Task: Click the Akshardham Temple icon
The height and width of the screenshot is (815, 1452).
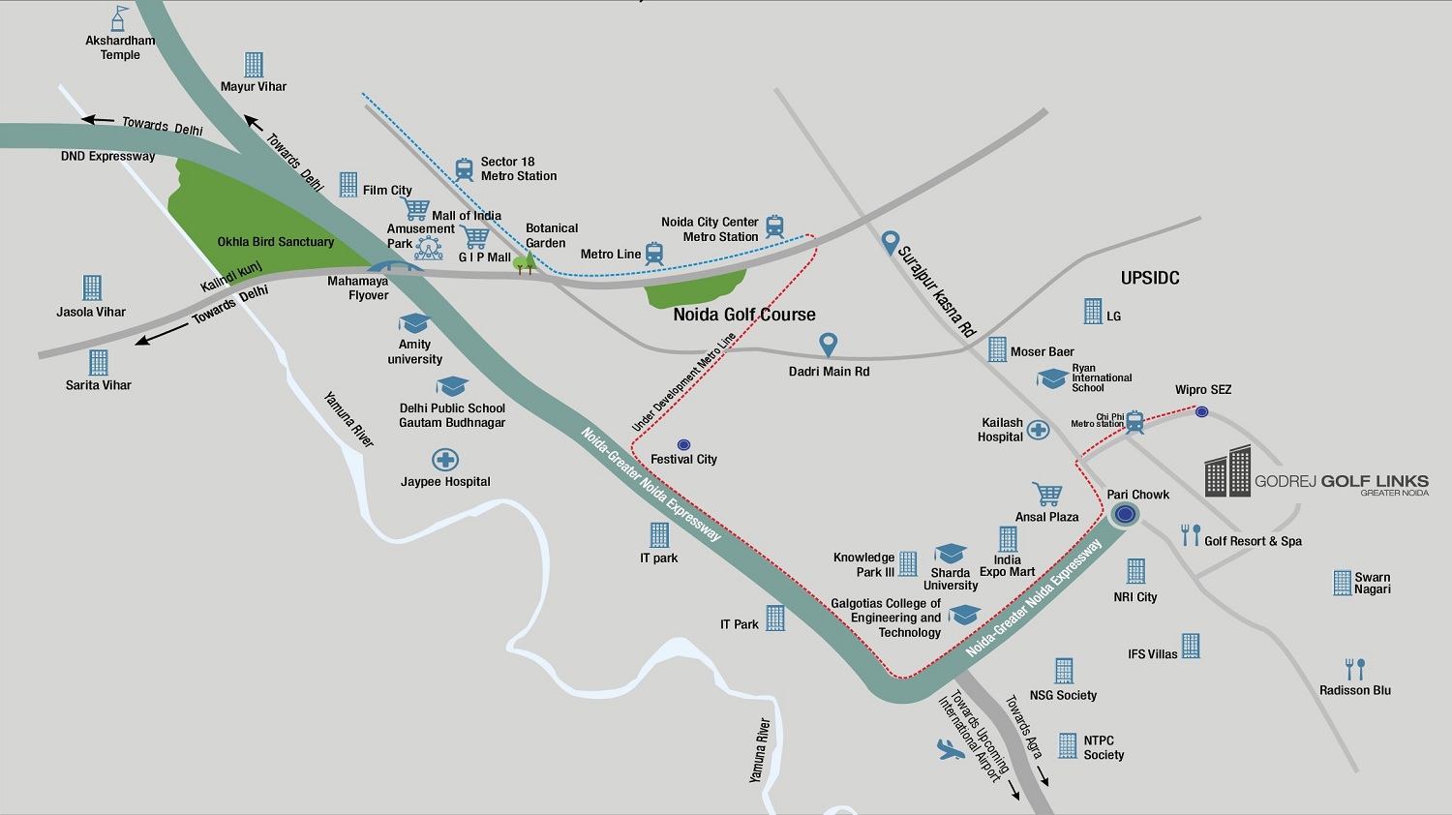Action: pos(120,17)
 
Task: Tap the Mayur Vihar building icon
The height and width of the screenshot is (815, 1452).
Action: pos(254,64)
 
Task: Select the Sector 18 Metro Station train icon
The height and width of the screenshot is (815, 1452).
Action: pos(465,169)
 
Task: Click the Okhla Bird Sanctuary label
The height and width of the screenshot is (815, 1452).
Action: pos(275,242)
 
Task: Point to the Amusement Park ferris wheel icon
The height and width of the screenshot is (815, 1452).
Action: pos(429,248)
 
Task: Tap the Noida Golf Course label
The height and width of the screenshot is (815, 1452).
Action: pos(744,315)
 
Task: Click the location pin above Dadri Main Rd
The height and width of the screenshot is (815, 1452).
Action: pos(828,345)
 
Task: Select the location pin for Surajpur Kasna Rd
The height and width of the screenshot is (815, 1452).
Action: pos(891,242)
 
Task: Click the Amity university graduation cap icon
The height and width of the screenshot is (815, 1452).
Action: pos(414,323)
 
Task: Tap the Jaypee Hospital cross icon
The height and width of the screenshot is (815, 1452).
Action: pos(445,460)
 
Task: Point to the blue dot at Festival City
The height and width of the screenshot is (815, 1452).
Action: pos(683,444)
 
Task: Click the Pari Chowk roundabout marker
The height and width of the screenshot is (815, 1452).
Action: pos(1124,514)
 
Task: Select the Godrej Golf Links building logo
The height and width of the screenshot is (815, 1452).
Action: pos(1227,471)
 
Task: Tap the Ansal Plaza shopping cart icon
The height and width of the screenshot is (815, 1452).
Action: pos(1046,494)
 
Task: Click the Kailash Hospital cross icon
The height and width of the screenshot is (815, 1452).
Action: pos(1038,430)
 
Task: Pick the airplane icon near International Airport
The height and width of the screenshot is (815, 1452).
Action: pos(951,749)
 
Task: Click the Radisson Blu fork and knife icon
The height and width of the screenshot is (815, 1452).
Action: pos(1355,669)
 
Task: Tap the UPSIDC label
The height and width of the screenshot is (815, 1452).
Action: pos(1150,278)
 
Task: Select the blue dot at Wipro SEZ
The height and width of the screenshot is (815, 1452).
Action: pos(1201,411)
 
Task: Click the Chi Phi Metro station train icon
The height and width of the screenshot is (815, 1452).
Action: pos(1134,422)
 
